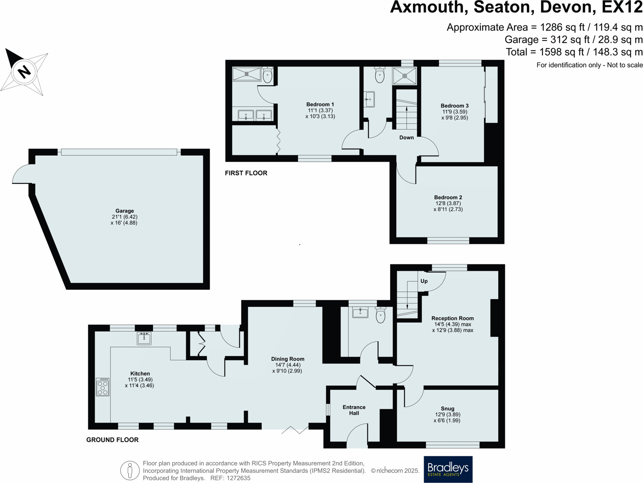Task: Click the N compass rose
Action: click(x=24, y=71)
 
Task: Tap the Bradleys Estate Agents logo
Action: click(x=448, y=469)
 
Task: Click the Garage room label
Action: click(x=124, y=211)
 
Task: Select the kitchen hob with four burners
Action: click(x=103, y=387)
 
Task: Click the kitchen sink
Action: click(x=144, y=338)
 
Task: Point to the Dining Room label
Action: click(x=287, y=359)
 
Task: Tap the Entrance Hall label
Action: click(x=354, y=410)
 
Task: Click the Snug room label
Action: click(x=447, y=409)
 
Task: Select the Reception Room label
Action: click(x=452, y=318)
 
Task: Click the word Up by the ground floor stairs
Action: click(x=424, y=281)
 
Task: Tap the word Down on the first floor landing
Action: click(x=406, y=137)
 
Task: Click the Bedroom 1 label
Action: click(x=320, y=105)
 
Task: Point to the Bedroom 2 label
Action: click(x=448, y=197)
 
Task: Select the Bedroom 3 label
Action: click(x=454, y=106)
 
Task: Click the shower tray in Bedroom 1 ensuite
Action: click(x=246, y=74)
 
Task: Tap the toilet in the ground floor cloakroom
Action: click(x=381, y=315)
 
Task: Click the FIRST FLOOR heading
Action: click(x=246, y=173)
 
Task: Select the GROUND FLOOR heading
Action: click(x=112, y=440)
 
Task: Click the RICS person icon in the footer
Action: click(x=130, y=470)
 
